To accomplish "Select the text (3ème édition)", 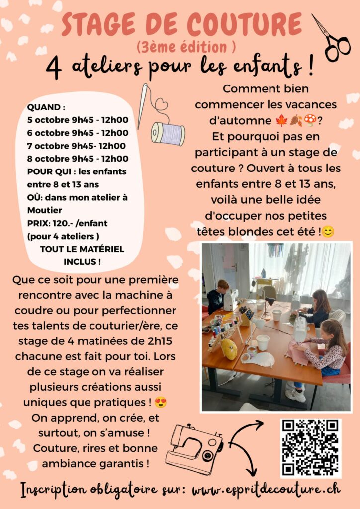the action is click(x=186, y=47).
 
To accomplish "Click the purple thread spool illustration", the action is click(x=168, y=133).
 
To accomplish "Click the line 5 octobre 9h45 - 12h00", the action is click(x=78, y=120).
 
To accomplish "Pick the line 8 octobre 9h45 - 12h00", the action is click(x=78, y=159).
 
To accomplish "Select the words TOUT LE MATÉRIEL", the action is click(x=82, y=249).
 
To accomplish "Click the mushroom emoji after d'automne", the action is click(x=310, y=120).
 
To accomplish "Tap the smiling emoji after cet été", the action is click(x=328, y=232).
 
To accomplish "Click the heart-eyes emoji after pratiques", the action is click(x=161, y=403).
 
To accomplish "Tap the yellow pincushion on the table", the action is click(x=229, y=349).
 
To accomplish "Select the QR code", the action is click(x=311, y=448).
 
